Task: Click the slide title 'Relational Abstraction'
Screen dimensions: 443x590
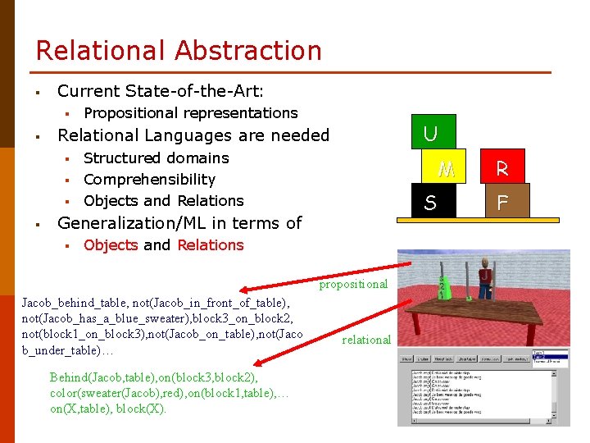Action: tap(179, 50)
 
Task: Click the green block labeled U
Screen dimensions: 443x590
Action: tap(430, 133)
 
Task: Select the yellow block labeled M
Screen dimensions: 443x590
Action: tap(446, 168)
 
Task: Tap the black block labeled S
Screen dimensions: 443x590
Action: tap(430, 202)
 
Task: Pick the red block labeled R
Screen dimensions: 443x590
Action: tap(501, 168)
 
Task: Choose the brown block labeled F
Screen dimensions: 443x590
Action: tap(501, 202)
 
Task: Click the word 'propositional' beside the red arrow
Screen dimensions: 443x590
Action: tap(353, 284)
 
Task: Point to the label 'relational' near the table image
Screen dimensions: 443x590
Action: tap(366, 340)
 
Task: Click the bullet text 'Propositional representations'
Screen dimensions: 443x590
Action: tap(190, 112)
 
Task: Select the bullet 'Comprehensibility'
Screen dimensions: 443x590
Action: tap(149, 179)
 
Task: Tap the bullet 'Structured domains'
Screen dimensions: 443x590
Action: tap(156, 158)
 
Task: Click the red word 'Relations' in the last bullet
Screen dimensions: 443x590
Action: tap(210, 244)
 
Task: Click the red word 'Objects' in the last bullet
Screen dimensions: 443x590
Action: tap(111, 244)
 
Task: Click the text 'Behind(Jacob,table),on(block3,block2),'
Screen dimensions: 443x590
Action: tap(153, 377)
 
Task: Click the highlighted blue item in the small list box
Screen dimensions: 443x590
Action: tap(549, 357)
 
